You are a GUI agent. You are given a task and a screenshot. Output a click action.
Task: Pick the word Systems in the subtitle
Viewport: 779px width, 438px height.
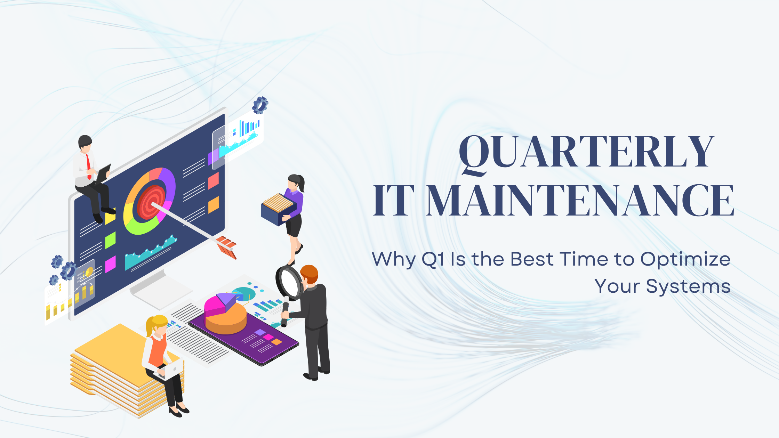[x=688, y=287]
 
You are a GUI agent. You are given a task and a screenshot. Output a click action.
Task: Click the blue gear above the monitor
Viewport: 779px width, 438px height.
[x=260, y=105]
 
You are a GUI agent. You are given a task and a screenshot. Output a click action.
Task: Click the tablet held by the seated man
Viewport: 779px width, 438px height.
[x=103, y=173]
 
